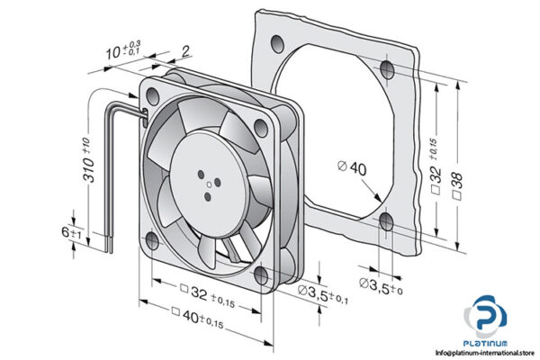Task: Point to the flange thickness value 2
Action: tap(185, 50)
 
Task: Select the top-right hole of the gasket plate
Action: tap(387, 70)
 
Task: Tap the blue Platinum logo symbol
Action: tap(487, 320)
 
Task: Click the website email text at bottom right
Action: tap(480, 353)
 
